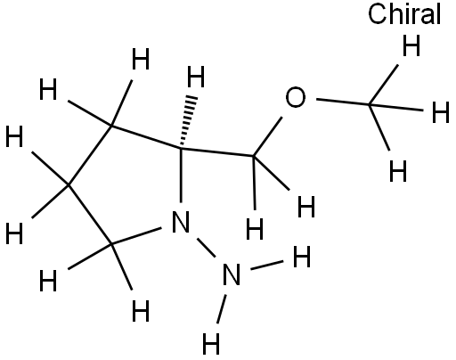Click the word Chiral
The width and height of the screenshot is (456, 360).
(x=404, y=14)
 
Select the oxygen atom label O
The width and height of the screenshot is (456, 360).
(x=295, y=97)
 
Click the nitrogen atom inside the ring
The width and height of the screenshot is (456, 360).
(x=181, y=222)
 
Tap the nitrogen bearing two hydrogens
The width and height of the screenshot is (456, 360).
(x=232, y=274)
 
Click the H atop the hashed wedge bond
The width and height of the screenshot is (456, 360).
(x=196, y=77)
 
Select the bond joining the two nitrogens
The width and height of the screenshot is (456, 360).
(x=206, y=248)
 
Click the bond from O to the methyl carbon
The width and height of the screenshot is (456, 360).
(x=342, y=102)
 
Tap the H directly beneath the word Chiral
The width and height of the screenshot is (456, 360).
(x=411, y=45)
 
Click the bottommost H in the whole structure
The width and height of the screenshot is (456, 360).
(x=211, y=344)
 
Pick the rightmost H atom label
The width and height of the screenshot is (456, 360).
(x=440, y=112)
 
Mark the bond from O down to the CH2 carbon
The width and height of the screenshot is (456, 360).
(x=267, y=136)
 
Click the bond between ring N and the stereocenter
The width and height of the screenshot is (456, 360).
(x=181, y=175)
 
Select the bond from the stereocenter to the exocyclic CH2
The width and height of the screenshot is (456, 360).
(x=216, y=151)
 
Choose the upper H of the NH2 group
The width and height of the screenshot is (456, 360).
(x=302, y=257)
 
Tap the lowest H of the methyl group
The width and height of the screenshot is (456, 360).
(x=398, y=171)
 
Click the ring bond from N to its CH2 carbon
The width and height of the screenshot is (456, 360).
(x=136, y=236)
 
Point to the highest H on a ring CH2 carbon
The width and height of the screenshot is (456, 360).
(x=141, y=59)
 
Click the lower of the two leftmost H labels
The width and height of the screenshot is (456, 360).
(x=14, y=233)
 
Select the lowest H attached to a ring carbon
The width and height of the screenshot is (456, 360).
(x=141, y=311)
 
